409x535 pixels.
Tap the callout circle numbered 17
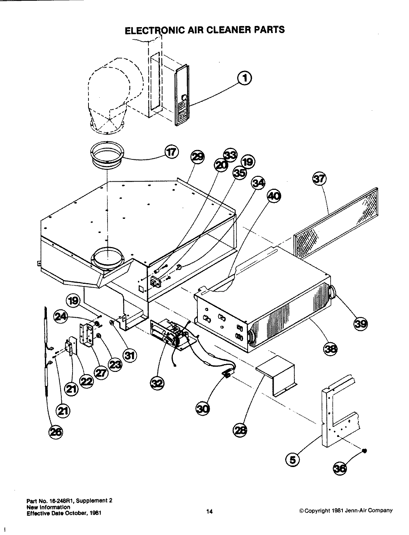pyautogui.click(x=171, y=152)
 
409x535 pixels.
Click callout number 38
pyautogui.click(x=331, y=348)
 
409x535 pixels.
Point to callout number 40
pyautogui.click(x=274, y=197)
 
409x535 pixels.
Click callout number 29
pyautogui.click(x=197, y=157)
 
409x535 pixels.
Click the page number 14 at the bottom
pyautogui.click(x=209, y=512)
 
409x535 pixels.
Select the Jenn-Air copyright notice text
pyautogui.click(x=346, y=510)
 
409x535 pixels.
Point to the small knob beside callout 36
pyautogui.click(x=364, y=451)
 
